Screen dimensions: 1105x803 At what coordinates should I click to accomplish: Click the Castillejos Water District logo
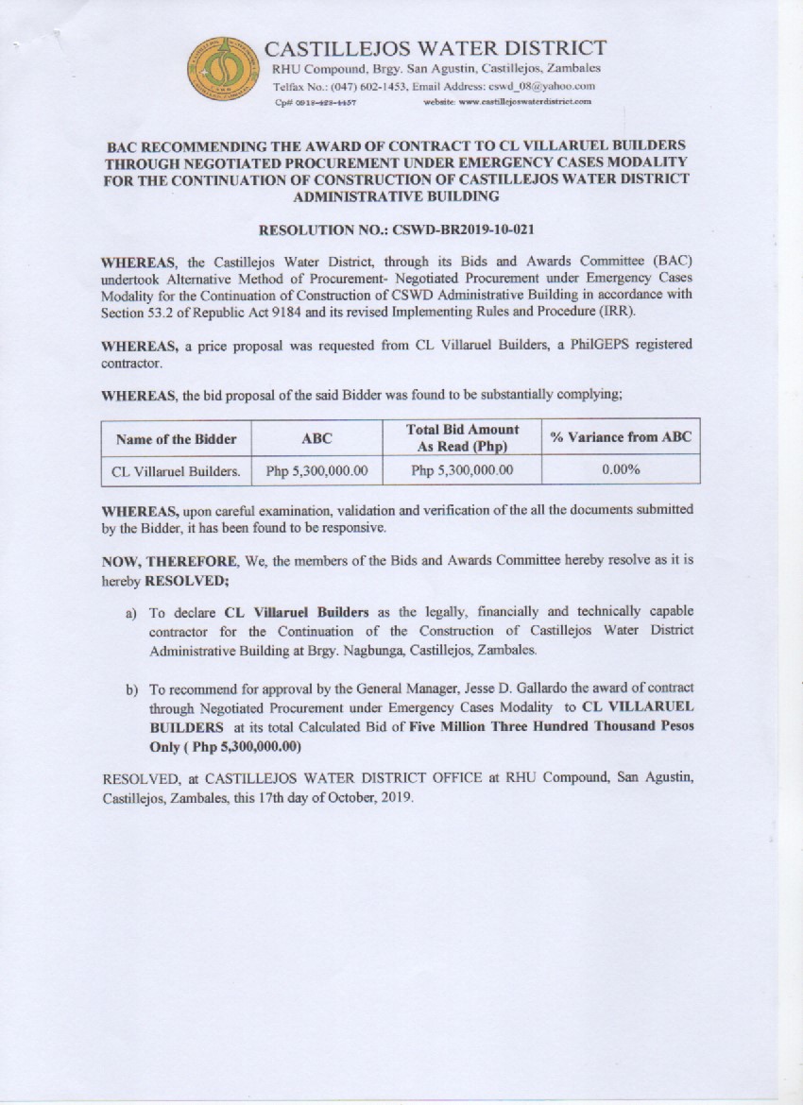pyautogui.click(x=224, y=69)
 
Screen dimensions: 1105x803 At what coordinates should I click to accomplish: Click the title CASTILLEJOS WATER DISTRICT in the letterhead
pyautogui.click(x=436, y=48)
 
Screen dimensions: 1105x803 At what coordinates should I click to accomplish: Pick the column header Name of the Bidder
pyautogui.click(x=176, y=438)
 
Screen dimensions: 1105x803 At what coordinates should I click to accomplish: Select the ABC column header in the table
pyautogui.click(x=316, y=438)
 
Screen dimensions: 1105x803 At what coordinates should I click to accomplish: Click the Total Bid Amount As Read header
pyautogui.click(x=462, y=437)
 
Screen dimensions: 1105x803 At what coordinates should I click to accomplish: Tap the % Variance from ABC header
pyautogui.click(x=621, y=436)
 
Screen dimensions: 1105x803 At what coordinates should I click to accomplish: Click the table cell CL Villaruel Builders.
pyautogui.click(x=176, y=469)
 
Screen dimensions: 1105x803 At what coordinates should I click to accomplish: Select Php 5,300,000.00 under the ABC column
pyautogui.click(x=316, y=469)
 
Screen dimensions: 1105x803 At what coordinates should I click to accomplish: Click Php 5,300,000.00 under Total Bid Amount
pyautogui.click(x=462, y=469)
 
